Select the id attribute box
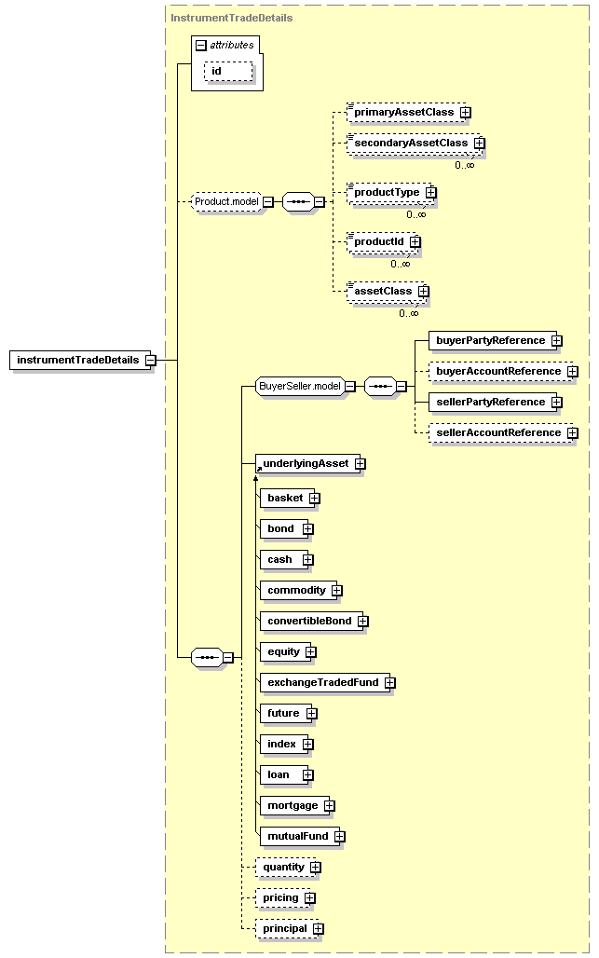[227, 71]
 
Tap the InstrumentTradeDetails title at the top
[231, 18]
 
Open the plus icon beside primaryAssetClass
[465, 113]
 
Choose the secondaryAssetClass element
[414, 143]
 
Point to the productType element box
[389, 193]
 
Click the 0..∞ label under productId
[401, 264]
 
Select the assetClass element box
[386, 291]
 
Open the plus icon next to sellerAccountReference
[572, 433]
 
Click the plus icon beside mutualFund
[339, 837]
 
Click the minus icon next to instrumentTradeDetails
[150, 361]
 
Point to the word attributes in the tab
[232, 46]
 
